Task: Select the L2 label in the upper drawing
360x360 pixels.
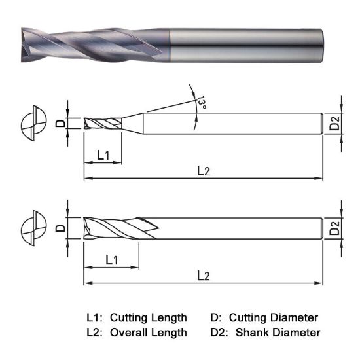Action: click(x=204, y=170)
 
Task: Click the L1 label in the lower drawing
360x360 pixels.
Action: click(x=111, y=259)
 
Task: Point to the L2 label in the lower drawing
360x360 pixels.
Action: click(x=204, y=276)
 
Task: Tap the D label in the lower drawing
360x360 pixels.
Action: click(x=60, y=228)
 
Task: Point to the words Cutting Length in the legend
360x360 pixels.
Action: click(x=148, y=317)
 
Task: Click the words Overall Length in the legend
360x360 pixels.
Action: click(x=148, y=333)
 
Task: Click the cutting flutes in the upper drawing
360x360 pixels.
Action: click(x=105, y=123)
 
